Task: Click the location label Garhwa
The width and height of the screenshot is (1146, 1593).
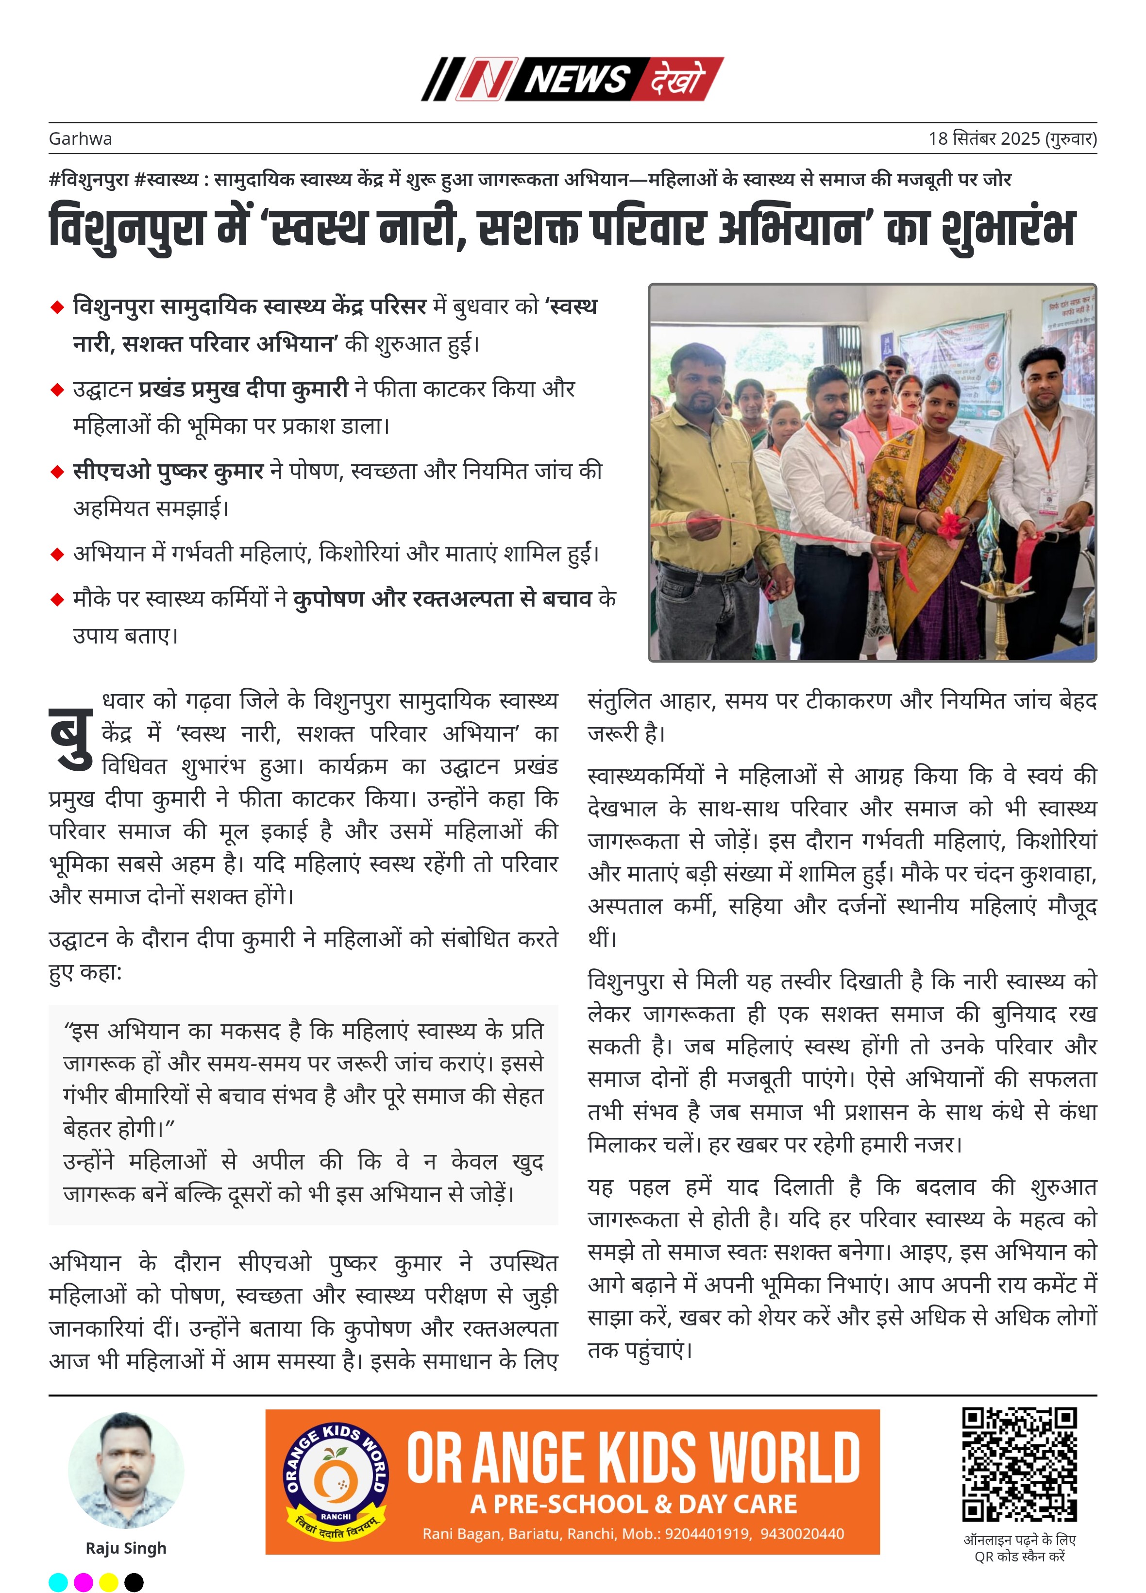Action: (x=80, y=138)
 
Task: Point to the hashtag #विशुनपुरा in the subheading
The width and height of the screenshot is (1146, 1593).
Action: (x=88, y=179)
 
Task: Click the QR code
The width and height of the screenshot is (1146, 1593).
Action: (x=1018, y=1464)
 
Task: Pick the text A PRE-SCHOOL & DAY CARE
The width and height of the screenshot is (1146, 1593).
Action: (x=633, y=1504)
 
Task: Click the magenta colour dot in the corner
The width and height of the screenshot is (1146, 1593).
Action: (x=84, y=1582)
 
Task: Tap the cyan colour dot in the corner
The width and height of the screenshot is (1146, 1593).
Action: (x=58, y=1582)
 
